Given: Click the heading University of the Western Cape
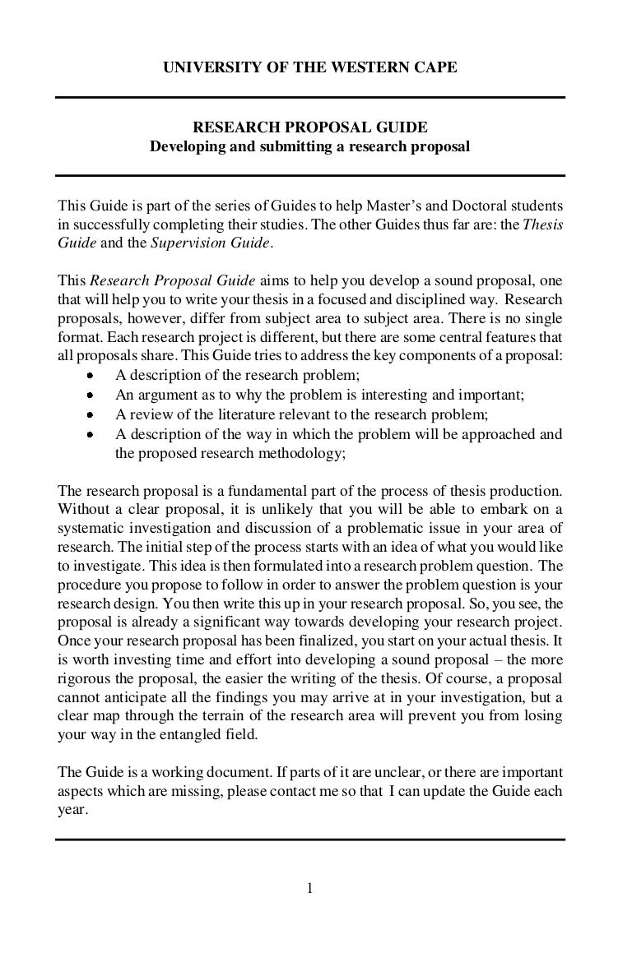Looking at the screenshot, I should (309, 69).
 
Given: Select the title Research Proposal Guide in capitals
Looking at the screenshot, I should (309, 127).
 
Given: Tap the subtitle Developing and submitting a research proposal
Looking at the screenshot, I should (309, 148).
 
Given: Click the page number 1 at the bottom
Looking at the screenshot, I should (309, 888).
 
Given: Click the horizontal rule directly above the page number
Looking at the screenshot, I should (309, 840).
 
